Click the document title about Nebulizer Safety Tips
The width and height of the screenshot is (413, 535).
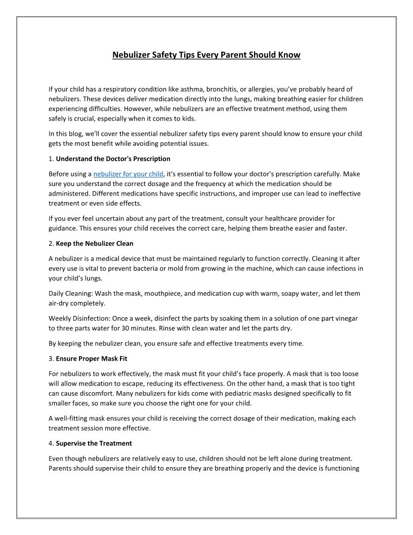point(206,55)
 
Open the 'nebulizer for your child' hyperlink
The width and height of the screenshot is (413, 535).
point(128,174)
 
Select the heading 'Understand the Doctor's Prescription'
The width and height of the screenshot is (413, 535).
point(113,159)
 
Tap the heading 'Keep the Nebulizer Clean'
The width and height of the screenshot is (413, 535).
point(95,243)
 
